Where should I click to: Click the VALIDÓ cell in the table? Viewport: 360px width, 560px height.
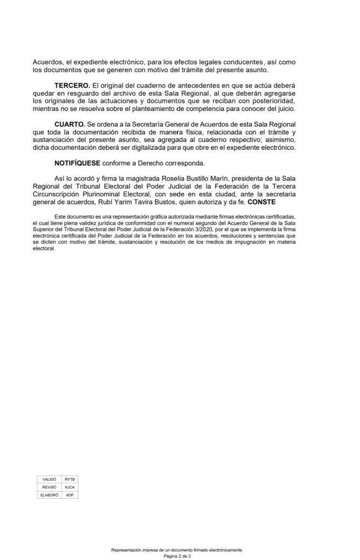[49, 479]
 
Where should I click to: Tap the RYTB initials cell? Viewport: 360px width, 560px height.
[69, 479]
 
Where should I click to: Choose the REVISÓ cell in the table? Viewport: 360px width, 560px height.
[49, 487]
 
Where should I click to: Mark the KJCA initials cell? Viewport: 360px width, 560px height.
[69, 487]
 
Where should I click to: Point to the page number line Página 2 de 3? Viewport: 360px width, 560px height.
[177, 555]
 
